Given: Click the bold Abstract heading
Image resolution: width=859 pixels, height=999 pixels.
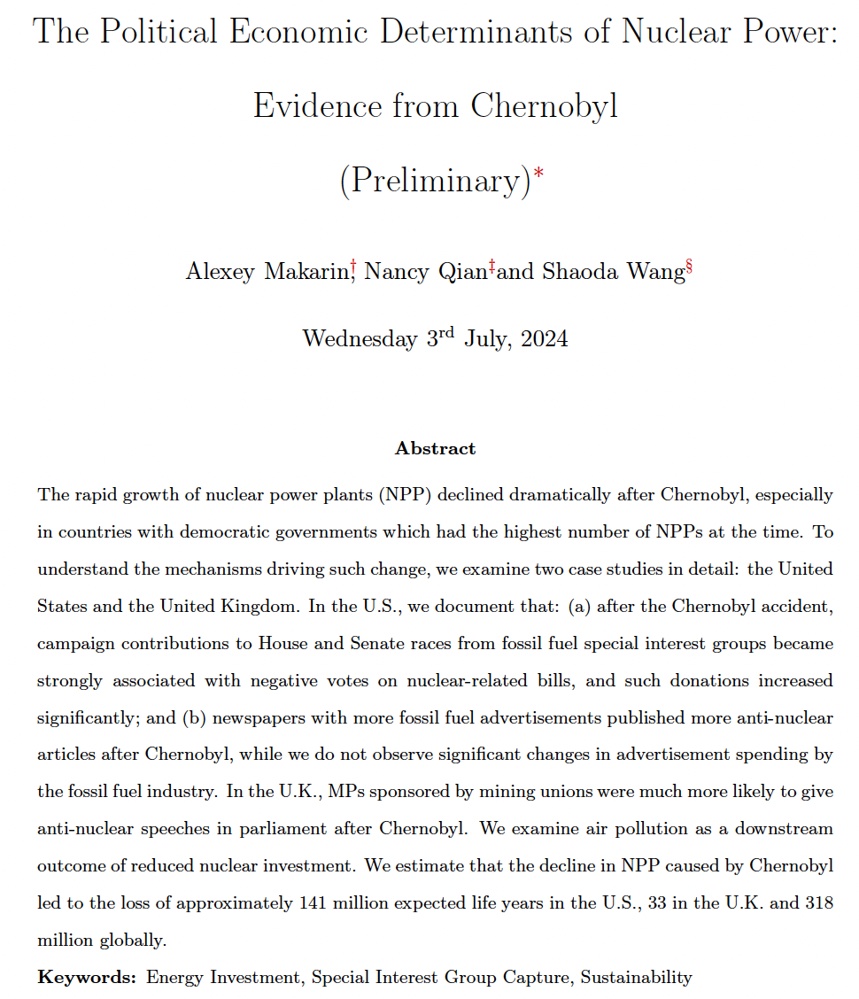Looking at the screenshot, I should (435, 448).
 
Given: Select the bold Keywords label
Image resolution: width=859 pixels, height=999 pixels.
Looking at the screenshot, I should (87, 978).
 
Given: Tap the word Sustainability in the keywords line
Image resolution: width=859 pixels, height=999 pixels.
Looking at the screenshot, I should (636, 978).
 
